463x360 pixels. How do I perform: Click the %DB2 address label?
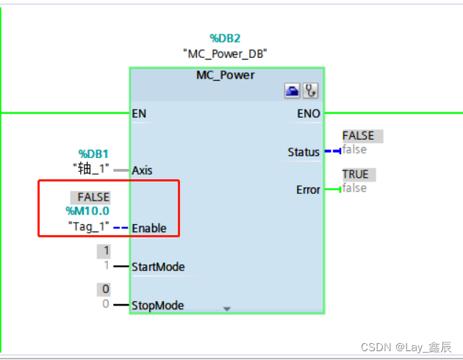point(226,37)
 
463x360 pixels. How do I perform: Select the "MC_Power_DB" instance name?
point(225,54)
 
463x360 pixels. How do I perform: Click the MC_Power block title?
point(226,75)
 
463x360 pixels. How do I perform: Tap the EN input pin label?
point(138,114)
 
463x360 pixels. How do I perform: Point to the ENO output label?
point(309,114)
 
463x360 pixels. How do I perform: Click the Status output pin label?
point(304,152)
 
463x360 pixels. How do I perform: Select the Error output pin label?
point(308,190)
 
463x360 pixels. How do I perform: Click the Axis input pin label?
point(143,170)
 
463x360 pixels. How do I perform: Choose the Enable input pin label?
point(149,228)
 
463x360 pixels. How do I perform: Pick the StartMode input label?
point(158,267)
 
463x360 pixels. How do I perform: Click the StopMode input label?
point(157,305)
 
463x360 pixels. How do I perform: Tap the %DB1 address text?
point(93,154)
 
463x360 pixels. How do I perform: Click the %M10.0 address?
point(87,211)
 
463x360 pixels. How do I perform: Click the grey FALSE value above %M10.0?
point(94,197)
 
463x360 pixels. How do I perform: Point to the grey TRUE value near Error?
point(356,174)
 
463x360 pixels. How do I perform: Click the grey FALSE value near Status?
point(358,136)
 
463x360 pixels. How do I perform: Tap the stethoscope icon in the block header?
point(311,91)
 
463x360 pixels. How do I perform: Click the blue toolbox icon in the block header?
point(293,91)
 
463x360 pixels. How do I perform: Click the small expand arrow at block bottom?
point(226,309)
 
